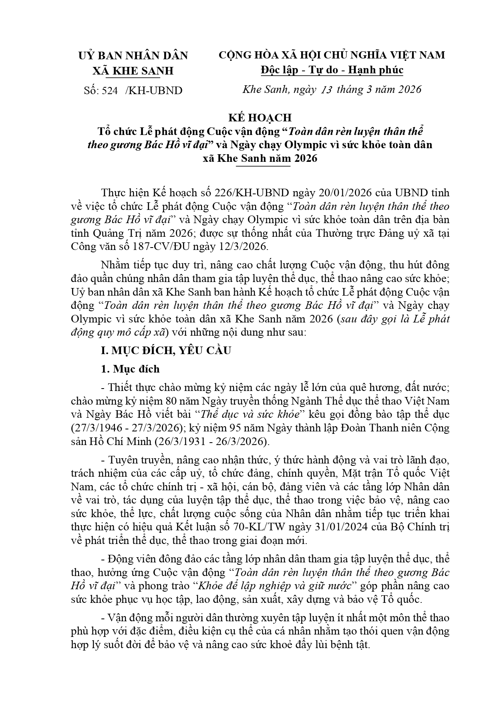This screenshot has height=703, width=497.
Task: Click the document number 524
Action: pos(110,91)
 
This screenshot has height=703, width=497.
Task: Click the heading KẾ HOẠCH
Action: pos(260,117)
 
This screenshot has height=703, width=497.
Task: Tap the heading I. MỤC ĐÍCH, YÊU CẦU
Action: pos(166,350)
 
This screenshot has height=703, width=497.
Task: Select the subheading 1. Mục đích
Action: pos(130,369)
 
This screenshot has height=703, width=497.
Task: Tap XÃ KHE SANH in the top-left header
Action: pos(133,71)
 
